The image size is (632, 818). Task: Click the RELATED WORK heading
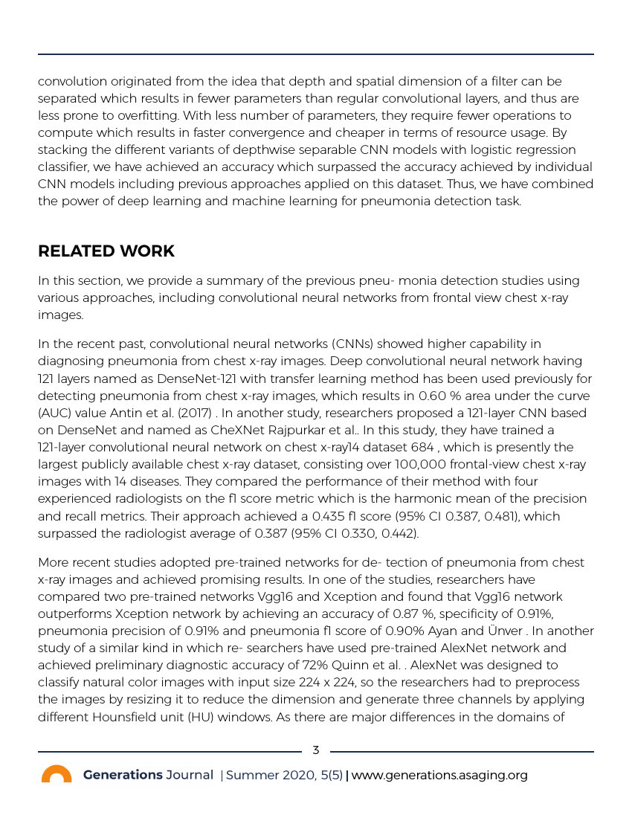(x=106, y=251)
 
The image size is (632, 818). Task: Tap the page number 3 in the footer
(x=315, y=750)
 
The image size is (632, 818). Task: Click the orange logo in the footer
(x=57, y=774)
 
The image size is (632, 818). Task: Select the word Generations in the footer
(x=123, y=775)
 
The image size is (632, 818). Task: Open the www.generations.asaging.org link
(x=439, y=775)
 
